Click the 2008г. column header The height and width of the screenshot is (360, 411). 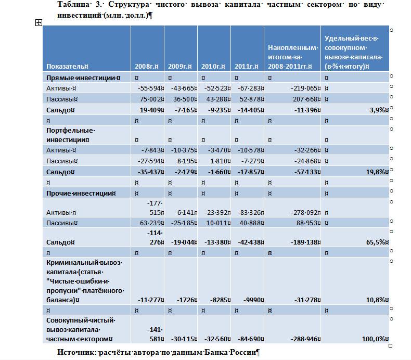click(146, 67)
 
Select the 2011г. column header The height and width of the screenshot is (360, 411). click(247, 67)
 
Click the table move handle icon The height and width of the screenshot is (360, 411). click(38, 22)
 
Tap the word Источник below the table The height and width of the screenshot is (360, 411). click(76, 352)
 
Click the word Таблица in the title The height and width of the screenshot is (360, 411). click(72, 5)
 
